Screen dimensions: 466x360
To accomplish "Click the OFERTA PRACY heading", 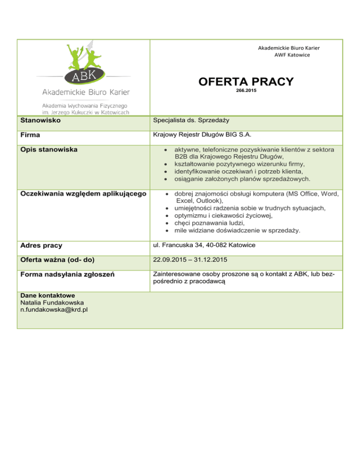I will click(246, 82).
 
